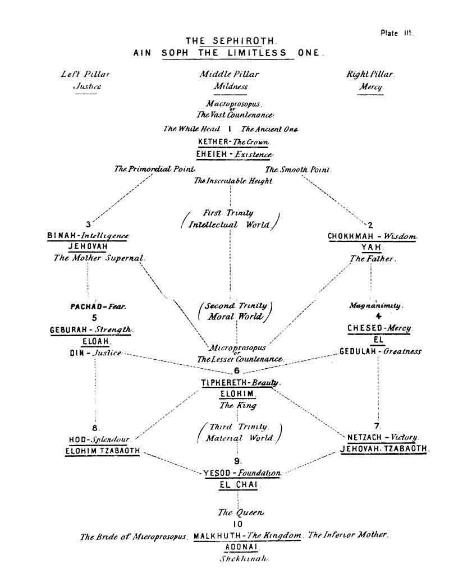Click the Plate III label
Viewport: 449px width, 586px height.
tap(396, 33)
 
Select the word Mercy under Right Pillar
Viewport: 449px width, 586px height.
tap(371, 87)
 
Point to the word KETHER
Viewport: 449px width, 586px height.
tap(211, 142)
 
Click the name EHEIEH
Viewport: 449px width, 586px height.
tap(211, 154)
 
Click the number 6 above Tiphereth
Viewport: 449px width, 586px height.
tap(236, 371)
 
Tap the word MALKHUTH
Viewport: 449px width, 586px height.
tap(214, 536)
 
